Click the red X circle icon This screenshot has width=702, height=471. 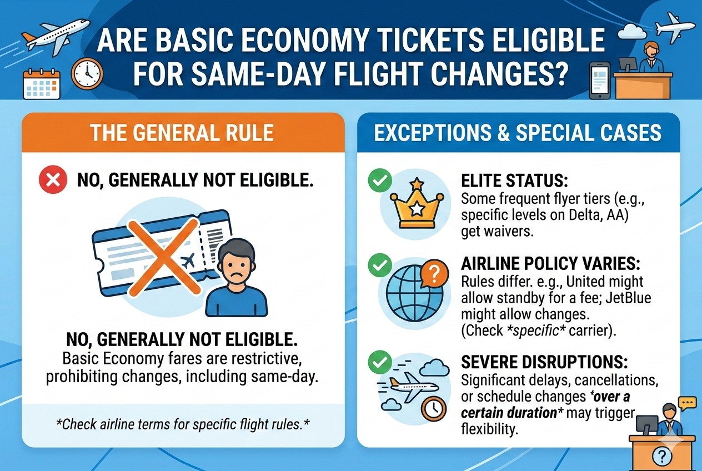click(x=52, y=181)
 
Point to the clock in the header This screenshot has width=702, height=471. click(x=87, y=74)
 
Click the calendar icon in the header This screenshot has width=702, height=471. click(x=41, y=84)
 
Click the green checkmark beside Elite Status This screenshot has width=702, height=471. click(x=380, y=181)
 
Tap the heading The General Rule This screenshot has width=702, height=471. click(x=182, y=133)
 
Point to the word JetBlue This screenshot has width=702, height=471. click(x=626, y=298)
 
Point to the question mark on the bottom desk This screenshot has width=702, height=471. click(x=662, y=457)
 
